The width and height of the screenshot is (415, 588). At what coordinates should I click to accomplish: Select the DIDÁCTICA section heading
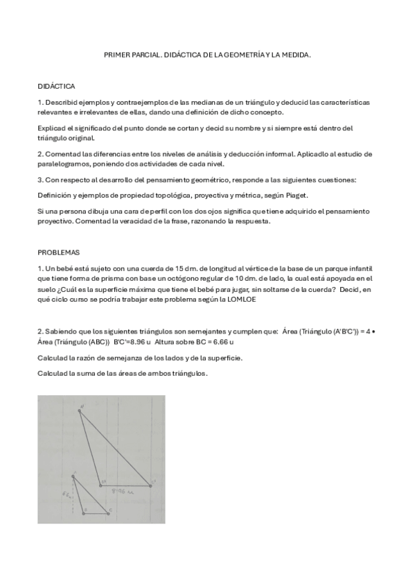click(x=57, y=87)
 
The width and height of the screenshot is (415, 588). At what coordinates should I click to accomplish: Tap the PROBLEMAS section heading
click(x=58, y=253)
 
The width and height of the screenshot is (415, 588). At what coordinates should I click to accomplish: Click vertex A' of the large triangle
click(x=80, y=409)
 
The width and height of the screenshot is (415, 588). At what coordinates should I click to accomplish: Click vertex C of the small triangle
click(x=109, y=512)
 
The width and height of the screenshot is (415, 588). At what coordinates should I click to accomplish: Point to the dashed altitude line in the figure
click(x=74, y=494)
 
